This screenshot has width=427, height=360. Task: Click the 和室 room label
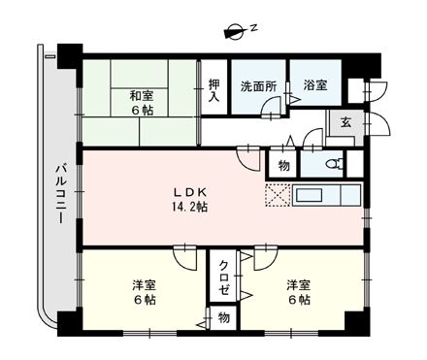tap(141, 95)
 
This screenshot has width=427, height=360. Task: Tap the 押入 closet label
tap(213, 91)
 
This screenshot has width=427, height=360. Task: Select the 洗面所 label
tap(259, 85)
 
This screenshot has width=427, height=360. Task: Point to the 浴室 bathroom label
tap(313, 85)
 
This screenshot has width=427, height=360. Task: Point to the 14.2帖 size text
tap(190, 207)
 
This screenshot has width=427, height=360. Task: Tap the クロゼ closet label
tap(222, 277)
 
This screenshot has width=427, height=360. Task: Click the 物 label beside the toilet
tap(283, 165)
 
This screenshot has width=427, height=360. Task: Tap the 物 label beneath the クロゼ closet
tap(222, 317)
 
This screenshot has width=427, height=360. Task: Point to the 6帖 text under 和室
tap(141, 111)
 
